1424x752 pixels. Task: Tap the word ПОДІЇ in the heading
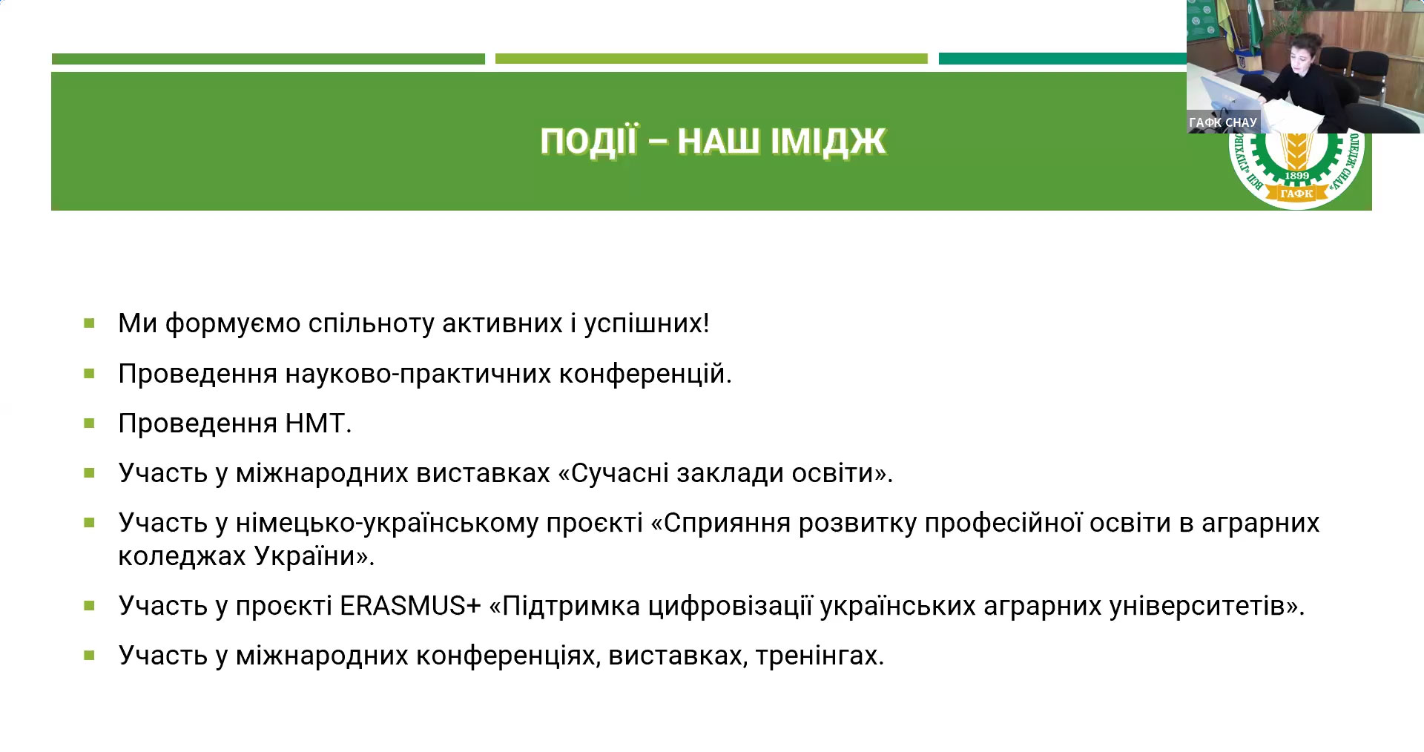click(x=588, y=140)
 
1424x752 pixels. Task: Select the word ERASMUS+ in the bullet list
click(x=411, y=606)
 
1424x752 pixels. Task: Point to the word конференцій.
click(x=645, y=374)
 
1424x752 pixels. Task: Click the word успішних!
click(x=647, y=324)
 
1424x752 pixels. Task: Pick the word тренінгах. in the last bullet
click(x=820, y=656)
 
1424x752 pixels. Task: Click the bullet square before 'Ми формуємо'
click(x=90, y=323)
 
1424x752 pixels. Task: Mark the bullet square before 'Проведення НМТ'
click(x=90, y=423)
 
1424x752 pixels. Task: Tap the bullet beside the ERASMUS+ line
click(x=90, y=606)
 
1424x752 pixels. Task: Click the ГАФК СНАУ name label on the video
click(x=1223, y=122)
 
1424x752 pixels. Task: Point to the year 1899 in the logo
click(x=1297, y=176)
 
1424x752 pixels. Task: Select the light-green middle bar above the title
click(x=711, y=59)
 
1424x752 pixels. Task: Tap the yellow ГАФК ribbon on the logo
click(x=1296, y=194)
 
